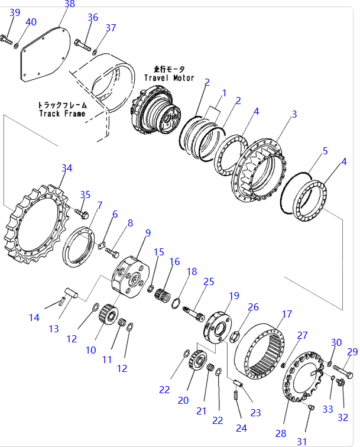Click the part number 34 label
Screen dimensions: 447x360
pyautogui.click(x=67, y=169)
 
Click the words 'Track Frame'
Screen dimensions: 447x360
pyautogui.click(x=62, y=113)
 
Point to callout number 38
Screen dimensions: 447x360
pyautogui.click(x=69, y=4)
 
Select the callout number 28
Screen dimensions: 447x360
pyautogui.click(x=280, y=433)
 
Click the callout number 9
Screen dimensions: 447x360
pyautogui.click(x=147, y=232)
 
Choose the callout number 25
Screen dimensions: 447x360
pyautogui.click(x=209, y=281)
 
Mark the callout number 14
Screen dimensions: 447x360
pyautogui.click(x=34, y=318)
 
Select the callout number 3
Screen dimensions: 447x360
pyautogui.click(x=294, y=114)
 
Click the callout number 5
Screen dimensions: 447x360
pyautogui.click(x=325, y=151)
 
